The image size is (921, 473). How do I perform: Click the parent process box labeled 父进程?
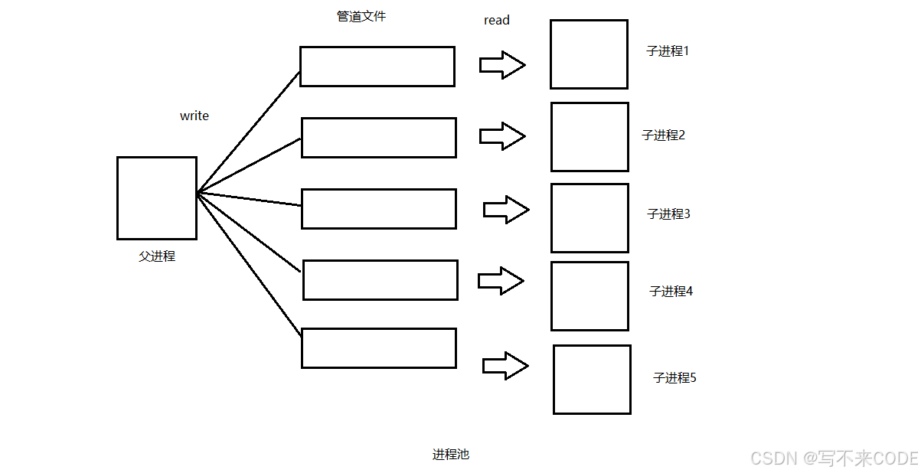tap(156, 197)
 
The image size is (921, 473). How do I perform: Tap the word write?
tap(194, 116)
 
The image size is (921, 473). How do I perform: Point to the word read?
tap(497, 21)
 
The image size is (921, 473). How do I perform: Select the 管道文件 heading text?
tap(361, 16)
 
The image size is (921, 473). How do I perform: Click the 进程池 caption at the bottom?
tap(450, 454)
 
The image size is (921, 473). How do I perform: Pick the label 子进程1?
tap(668, 51)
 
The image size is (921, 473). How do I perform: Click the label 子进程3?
tap(668, 214)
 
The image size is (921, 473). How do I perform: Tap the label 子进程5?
tap(674, 377)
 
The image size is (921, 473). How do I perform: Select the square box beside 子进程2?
tap(590, 137)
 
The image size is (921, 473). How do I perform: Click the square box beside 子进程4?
tap(590, 296)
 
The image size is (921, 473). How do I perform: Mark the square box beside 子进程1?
tap(589, 54)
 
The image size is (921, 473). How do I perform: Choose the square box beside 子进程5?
tap(592, 380)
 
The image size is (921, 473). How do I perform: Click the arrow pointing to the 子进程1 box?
tap(502, 65)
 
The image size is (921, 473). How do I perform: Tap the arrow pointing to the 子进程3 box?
tap(506, 209)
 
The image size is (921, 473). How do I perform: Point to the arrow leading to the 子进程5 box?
tap(505, 366)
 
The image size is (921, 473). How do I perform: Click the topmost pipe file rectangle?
tap(377, 67)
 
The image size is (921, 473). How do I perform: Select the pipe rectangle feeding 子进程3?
tap(378, 209)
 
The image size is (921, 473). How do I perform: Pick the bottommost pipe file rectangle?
tap(378, 348)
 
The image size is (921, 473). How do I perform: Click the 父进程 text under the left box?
tap(157, 256)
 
